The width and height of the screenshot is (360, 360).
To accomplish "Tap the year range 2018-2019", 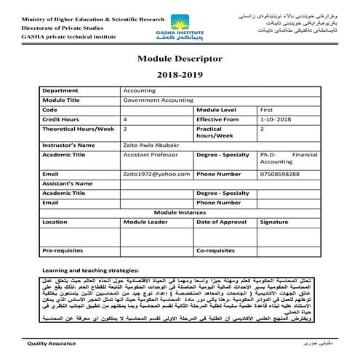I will [179, 75].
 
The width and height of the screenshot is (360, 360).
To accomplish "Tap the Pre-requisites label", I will [63, 250].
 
